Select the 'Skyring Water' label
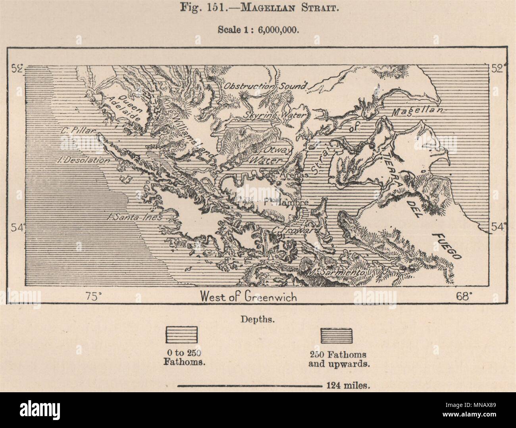tap(275, 115)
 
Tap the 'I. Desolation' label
tap(83, 160)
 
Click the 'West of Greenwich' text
tap(248, 296)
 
